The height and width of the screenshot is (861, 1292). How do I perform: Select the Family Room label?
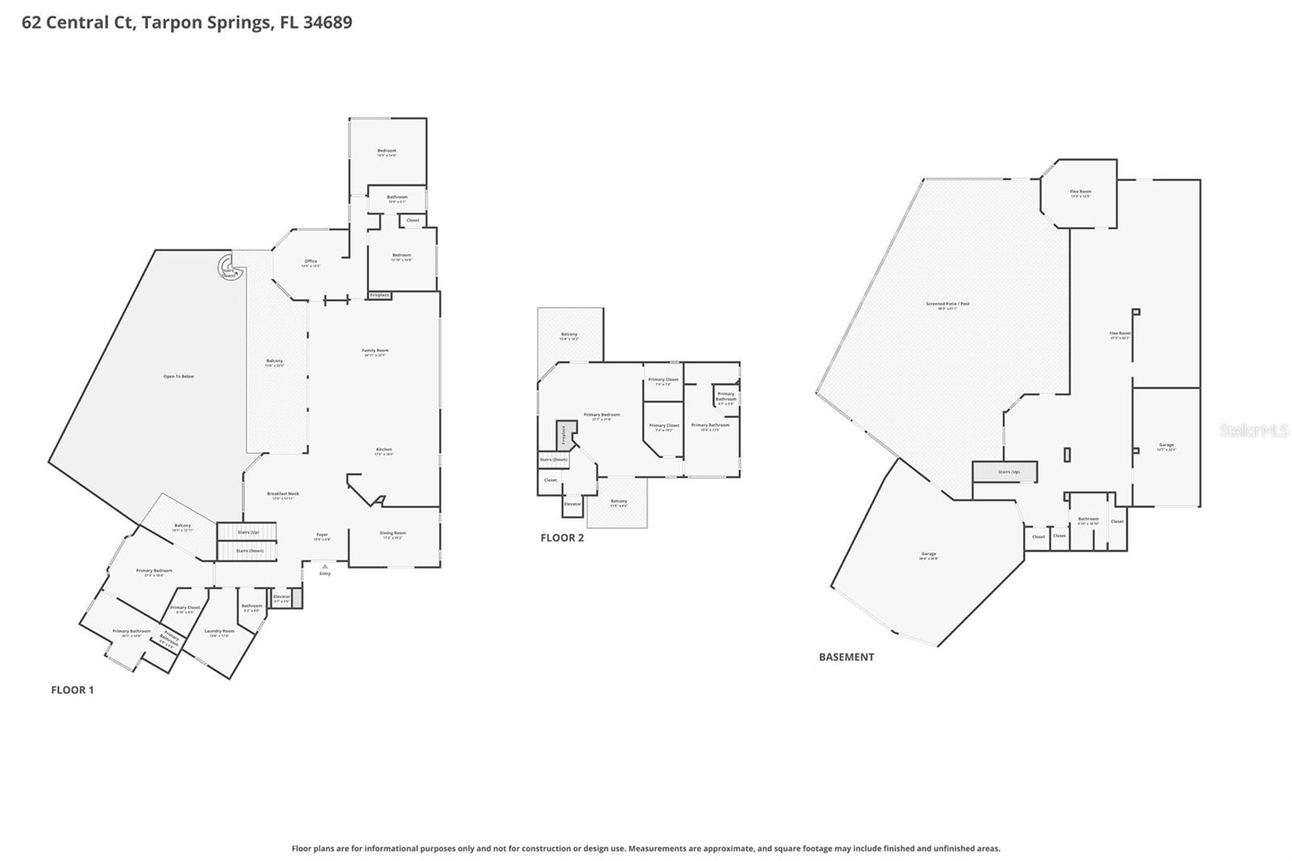(375, 351)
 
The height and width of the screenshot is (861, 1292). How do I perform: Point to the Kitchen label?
(384, 451)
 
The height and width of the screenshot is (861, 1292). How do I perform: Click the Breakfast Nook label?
(283, 494)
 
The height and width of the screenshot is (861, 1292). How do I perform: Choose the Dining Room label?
(392, 534)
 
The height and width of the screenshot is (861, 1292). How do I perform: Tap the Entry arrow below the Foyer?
(325, 567)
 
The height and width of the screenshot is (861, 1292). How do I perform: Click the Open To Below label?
(178, 376)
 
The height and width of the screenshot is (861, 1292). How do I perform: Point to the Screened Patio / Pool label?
(947, 304)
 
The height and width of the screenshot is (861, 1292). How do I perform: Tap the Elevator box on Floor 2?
(573, 504)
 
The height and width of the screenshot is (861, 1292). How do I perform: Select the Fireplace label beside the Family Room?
(380, 296)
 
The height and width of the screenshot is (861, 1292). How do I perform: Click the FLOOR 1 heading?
(73, 690)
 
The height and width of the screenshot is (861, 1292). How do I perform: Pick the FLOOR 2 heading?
(562, 537)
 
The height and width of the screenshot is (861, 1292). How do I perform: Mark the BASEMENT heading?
(846, 657)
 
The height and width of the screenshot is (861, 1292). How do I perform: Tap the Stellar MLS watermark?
(1253, 430)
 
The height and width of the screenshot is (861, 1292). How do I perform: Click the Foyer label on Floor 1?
(322, 535)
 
